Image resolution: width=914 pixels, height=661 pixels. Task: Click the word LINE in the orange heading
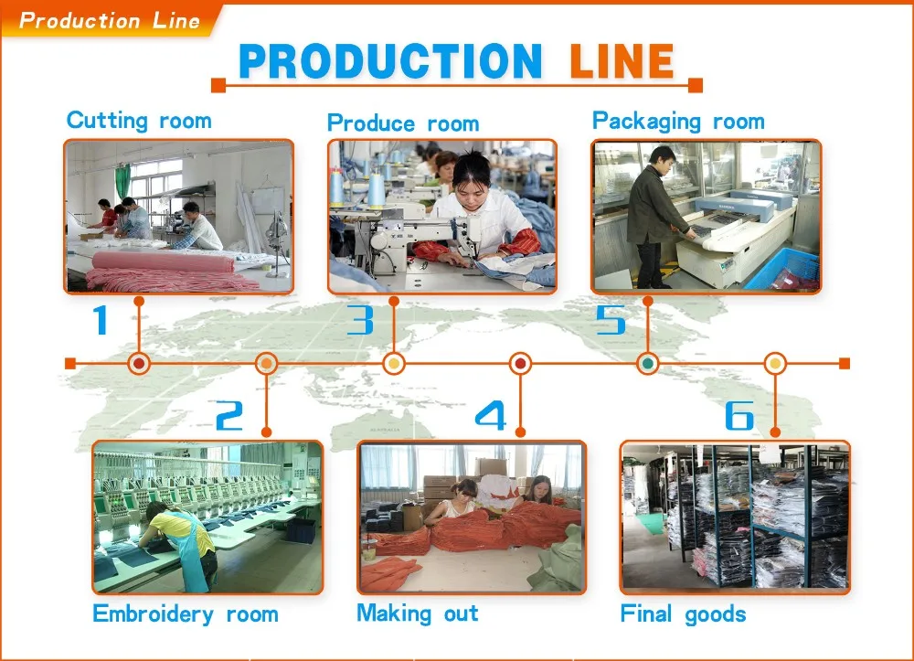[x=622, y=61]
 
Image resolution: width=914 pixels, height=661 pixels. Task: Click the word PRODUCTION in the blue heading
[x=390, y=61]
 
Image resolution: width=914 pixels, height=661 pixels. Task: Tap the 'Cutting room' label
[x=139, y=120]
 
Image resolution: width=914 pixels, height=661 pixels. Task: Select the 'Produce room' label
[x=403, y=123]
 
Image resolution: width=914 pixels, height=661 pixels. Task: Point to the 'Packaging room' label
[x=678, y=121]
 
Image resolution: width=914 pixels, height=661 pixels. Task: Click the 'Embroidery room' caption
[x=186, y=613]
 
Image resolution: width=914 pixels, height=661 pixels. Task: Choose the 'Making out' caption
[x=418, y=613]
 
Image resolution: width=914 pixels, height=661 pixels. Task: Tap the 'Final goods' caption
[x=683, y=613]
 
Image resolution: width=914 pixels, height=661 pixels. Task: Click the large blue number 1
[x=101, y=320]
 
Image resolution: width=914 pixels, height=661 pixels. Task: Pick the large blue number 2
[x=229, y=416]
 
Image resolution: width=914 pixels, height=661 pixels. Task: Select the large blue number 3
[x=360, y=320]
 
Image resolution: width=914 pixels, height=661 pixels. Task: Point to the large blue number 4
[x=491, y=416]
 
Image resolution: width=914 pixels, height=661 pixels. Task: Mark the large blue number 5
[x=611, y=320]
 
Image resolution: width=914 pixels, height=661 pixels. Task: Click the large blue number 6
[x=739, y=416]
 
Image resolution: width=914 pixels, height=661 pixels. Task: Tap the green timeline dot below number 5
[x=648, y=363]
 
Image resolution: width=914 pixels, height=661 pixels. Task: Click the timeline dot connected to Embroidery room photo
[x=266, y=363]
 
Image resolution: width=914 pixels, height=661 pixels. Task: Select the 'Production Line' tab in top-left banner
[x=109, y=20]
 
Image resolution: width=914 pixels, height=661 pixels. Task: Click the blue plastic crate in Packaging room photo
[x=783, y=270]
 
